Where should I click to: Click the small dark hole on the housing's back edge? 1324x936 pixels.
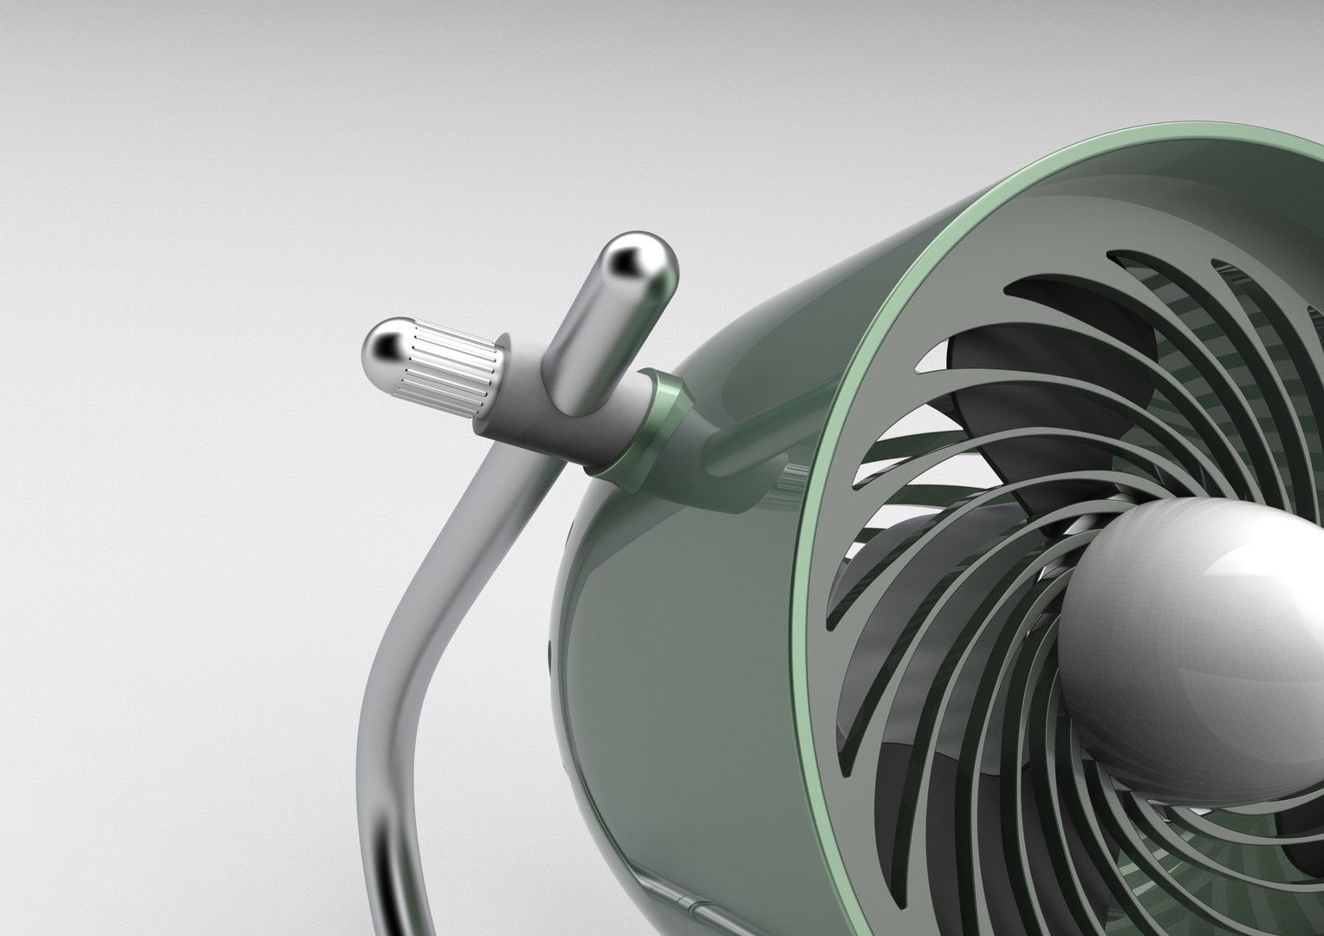(x=547, y=651)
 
